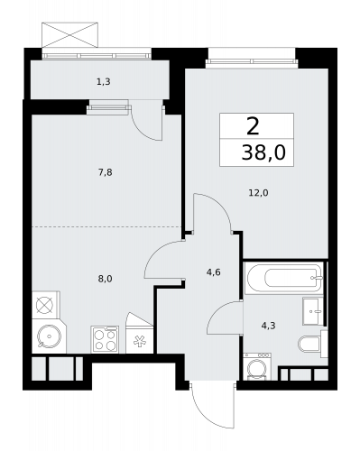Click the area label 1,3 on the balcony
[104, 82]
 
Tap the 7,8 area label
[105, 171]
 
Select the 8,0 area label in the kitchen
[105, 280]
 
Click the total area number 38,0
[263, 152]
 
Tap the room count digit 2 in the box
[256, 125]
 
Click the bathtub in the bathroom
[282, 278]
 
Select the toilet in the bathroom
[308, 344]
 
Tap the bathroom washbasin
[313, 309]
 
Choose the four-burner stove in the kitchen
[105, 339]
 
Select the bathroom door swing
[221, 320]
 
